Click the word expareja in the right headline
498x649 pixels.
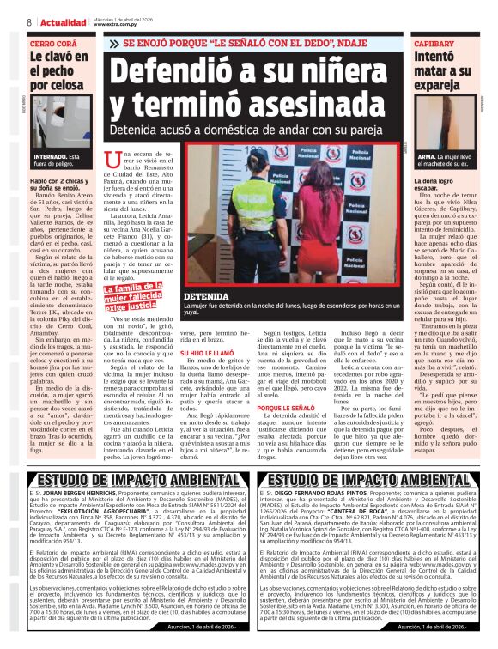click(437, 88)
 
